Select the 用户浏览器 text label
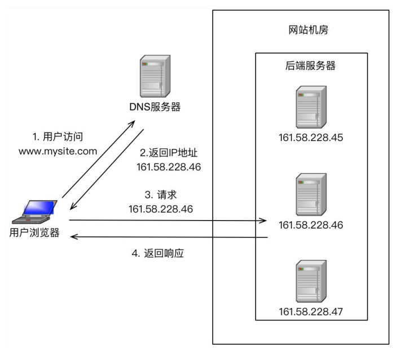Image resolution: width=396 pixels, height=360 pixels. coord(34,232)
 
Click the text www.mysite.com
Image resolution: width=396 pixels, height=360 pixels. coord(58,151)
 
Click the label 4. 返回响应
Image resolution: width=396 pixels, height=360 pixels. coord(159,254)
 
